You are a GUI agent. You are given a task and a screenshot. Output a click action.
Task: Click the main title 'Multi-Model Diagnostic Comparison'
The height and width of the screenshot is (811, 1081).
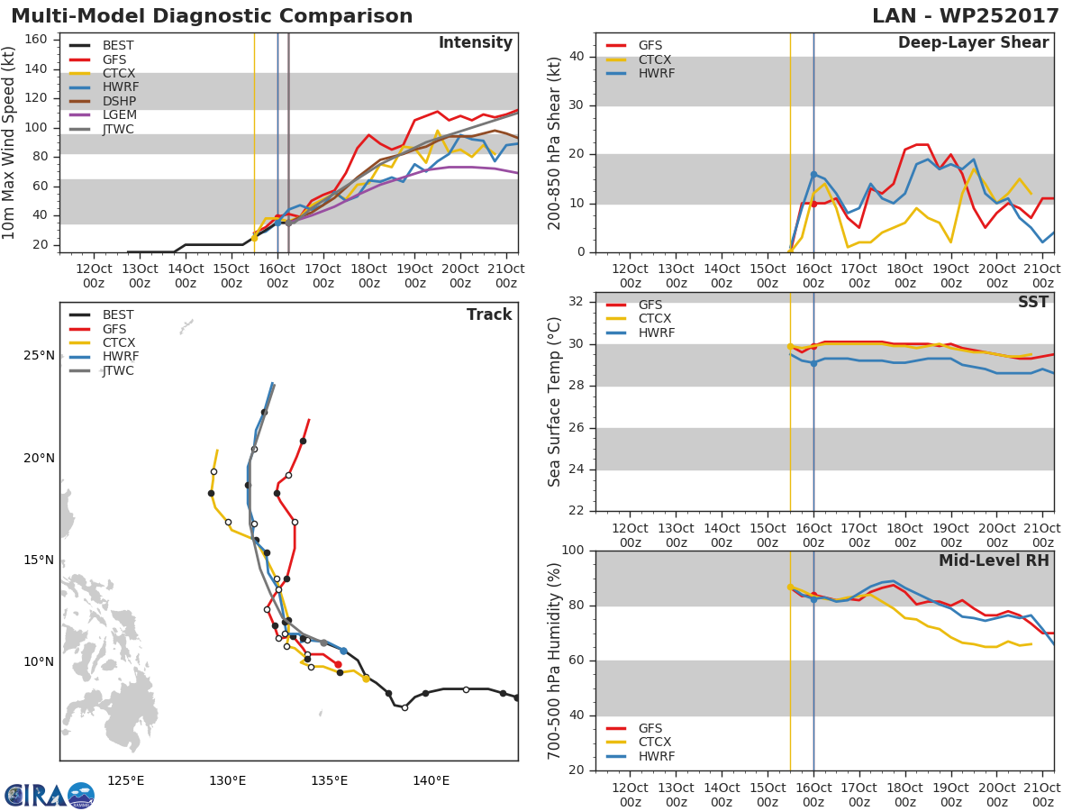[x=212, y=16]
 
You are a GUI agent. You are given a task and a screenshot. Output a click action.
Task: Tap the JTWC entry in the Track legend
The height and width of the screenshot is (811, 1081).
[x=118, y=370]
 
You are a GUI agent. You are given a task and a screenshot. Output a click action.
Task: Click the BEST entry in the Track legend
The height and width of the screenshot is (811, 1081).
[x=118, y=314]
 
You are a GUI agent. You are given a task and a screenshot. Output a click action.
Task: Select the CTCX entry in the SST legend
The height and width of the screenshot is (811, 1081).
[x=656, y=318]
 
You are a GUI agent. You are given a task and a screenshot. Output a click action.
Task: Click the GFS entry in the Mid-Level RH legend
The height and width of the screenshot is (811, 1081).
[x=656, y=728]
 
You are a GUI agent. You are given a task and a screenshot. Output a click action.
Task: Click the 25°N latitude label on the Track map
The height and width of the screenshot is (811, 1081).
[x=39, y=356]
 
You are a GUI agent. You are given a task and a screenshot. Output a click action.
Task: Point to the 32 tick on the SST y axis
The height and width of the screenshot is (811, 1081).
[x=577, y=302]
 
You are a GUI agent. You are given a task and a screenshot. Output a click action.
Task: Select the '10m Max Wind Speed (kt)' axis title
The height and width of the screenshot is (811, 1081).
[x=10, y=144]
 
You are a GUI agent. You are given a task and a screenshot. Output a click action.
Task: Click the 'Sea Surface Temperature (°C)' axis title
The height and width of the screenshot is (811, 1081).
[x=555, y=402]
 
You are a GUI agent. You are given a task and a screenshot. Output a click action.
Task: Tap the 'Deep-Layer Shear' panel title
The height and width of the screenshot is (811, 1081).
[x=973, y=43]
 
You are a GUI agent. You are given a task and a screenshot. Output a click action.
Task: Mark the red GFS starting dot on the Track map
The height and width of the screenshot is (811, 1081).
[x=338, y=664]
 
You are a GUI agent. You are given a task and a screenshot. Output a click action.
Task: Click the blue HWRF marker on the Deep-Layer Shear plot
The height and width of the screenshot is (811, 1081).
[x=813, y=174]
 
